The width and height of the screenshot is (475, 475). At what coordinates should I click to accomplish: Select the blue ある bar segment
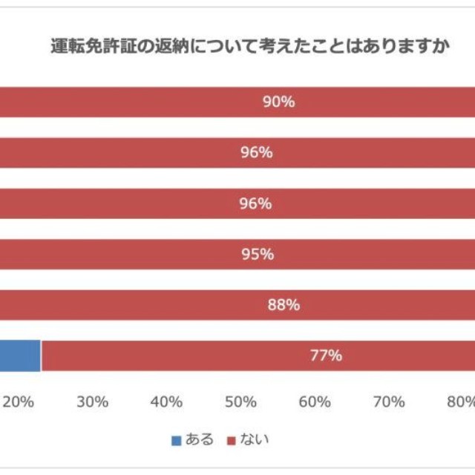19,356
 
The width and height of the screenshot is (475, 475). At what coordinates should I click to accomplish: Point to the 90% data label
279,102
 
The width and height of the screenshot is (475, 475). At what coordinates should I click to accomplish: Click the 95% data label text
258,254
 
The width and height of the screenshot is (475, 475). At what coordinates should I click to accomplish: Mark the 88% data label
283,304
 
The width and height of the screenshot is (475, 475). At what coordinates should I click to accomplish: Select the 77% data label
325,356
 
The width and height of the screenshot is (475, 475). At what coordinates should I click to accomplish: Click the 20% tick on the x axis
19,402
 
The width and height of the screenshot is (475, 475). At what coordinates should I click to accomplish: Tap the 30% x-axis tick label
93,402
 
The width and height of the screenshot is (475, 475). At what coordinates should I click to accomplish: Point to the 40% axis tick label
166,402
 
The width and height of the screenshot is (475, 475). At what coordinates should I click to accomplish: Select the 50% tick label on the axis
240,402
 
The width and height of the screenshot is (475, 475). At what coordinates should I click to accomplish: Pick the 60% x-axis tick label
315,402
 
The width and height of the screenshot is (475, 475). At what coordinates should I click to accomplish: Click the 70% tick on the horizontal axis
389,402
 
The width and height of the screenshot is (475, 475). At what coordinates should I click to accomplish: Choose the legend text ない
255,439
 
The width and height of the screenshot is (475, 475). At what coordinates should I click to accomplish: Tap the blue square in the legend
177,440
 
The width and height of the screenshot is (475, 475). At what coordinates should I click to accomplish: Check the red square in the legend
232,440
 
